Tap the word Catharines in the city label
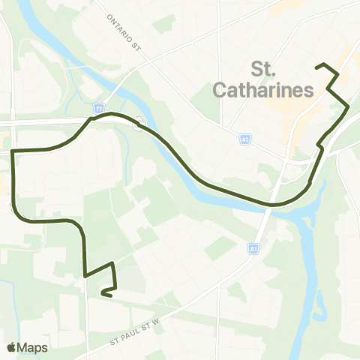point(262,91)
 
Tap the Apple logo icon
point(11,347)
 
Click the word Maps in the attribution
point(32,347)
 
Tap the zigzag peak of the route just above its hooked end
point(112,263)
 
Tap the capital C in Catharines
point(220,91)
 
